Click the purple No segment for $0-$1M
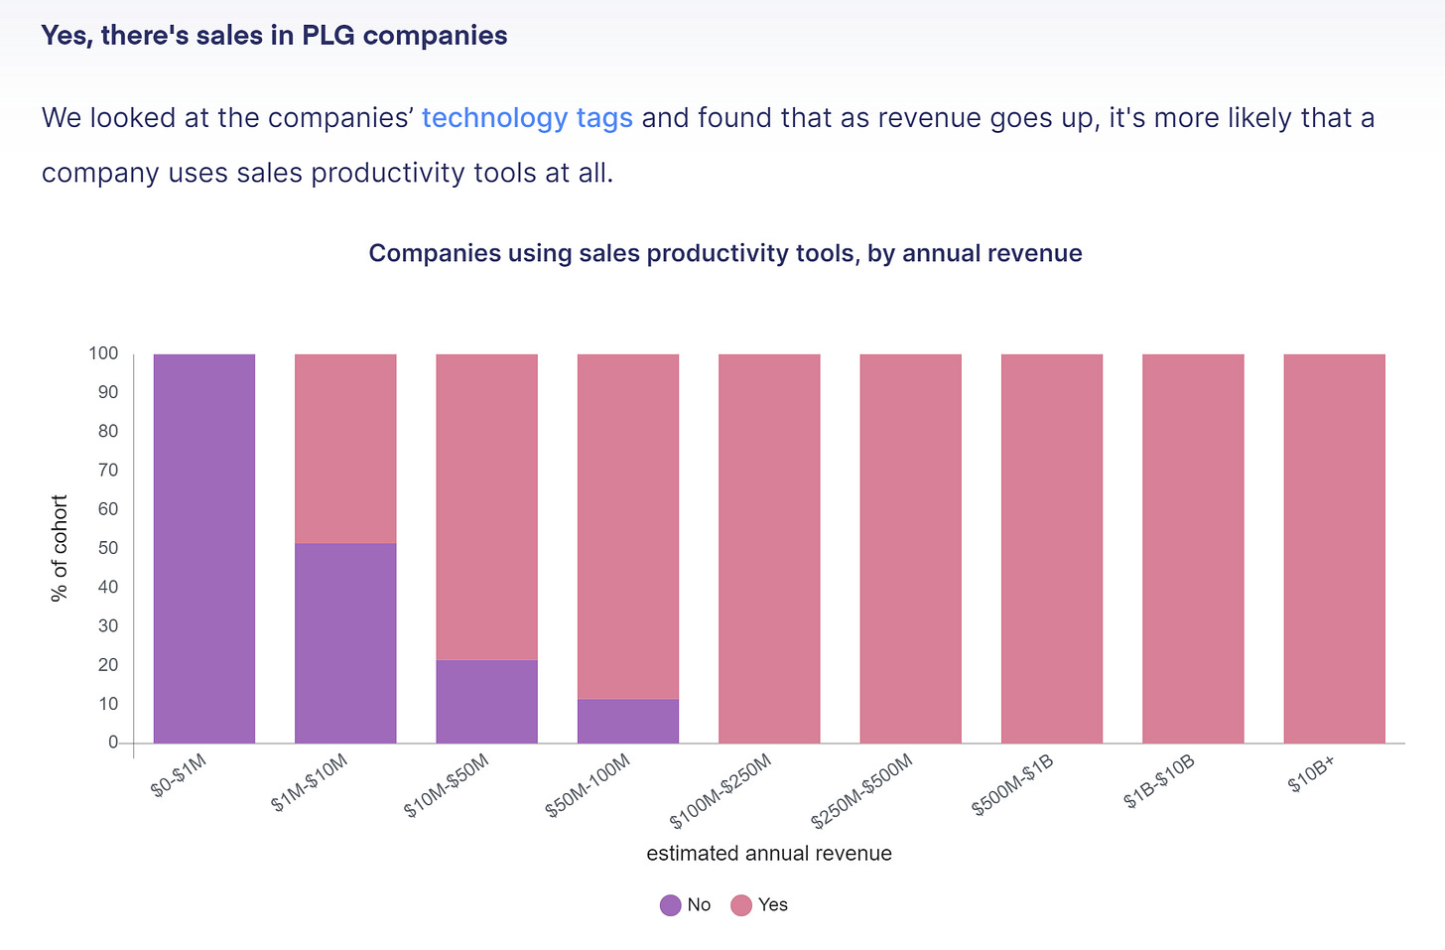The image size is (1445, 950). click(204, 548)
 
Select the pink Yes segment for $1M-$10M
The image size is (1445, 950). click(345, 449)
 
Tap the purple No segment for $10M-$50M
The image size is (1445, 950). click(486, 701)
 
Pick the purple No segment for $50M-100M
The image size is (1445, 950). click(628, 721)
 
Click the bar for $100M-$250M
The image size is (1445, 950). click(769, 548)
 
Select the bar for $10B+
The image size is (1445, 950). click(1334, 548)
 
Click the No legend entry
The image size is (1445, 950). click(686, 905)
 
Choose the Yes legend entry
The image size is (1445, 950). click(759, 905)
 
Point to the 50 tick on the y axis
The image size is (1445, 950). click(108, 548)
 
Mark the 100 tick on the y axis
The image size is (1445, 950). click(103, 353)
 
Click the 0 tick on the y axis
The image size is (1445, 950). click(113, 743)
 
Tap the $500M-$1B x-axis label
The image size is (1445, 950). click(1013, 785)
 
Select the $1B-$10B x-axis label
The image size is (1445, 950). click(1159, 782)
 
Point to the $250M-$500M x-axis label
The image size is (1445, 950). click(861, 791)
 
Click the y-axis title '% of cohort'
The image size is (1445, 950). click(60, 548)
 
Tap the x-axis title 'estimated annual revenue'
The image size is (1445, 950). click(769, 854)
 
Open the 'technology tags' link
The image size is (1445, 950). click(527, 118)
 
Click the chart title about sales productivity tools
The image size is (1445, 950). click(725, 253)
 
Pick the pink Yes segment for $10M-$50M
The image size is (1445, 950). click(486, 506)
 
